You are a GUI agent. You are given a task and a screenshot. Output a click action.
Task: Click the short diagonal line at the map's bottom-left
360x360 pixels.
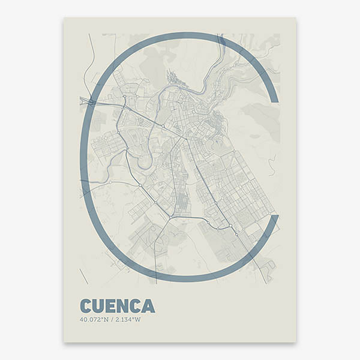pos(83,277)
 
